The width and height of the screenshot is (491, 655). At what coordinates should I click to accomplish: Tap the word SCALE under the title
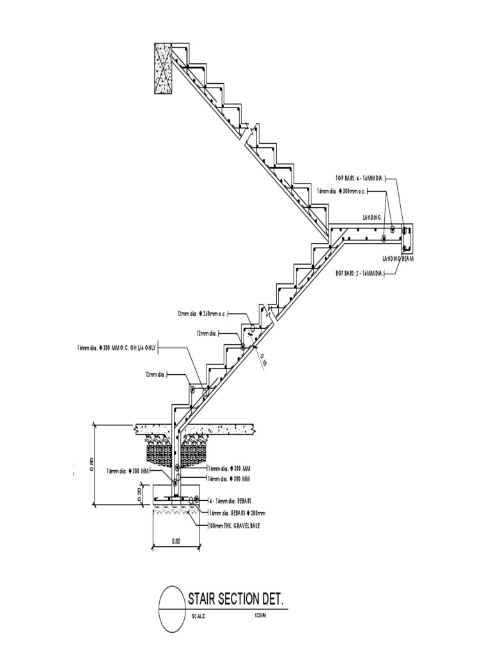click(199, 616)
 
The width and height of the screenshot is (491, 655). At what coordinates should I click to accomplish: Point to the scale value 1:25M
click(260, 615)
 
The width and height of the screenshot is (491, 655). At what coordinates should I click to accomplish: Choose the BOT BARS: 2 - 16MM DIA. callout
click(359, 273)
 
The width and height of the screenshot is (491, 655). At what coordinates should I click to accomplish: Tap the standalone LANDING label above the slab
click(371, 218)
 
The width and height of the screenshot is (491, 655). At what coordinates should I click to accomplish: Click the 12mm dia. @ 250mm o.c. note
click(202, 314)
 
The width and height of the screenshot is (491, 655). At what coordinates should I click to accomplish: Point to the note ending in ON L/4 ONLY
click(116, 347)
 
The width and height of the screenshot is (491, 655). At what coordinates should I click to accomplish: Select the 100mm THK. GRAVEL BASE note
click(235, 525)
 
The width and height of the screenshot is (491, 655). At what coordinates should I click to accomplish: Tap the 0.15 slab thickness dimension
click(263, 362)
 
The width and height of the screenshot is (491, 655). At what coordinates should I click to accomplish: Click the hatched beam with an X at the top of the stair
click(163, 68)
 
